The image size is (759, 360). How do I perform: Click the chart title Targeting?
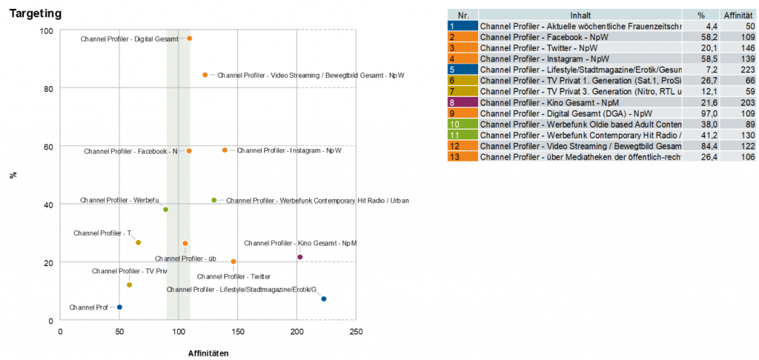click(35, 14)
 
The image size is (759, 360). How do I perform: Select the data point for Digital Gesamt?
click(189, 39)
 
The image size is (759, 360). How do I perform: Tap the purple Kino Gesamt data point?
click(300, 257)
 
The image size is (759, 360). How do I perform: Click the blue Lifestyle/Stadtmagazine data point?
click(323, 299)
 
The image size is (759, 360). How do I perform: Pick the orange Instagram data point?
click(225, 150)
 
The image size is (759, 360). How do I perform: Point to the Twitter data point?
click(233, 261)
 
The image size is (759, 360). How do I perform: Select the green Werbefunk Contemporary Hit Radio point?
click(214, 200)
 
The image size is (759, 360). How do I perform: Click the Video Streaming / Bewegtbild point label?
click(311, 75)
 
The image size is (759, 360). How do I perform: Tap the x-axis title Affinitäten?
click(208, 353)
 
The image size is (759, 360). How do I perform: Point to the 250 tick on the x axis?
click(356, 331)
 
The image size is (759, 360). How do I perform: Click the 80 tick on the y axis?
click(47, 89)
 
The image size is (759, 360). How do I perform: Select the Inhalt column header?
click(580, 15)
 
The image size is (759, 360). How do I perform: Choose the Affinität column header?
click(738, 15)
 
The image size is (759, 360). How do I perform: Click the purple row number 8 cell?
click(463, 103)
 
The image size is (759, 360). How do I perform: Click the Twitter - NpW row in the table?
click(580, 47)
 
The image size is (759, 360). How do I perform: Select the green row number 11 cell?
click(463, 136)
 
